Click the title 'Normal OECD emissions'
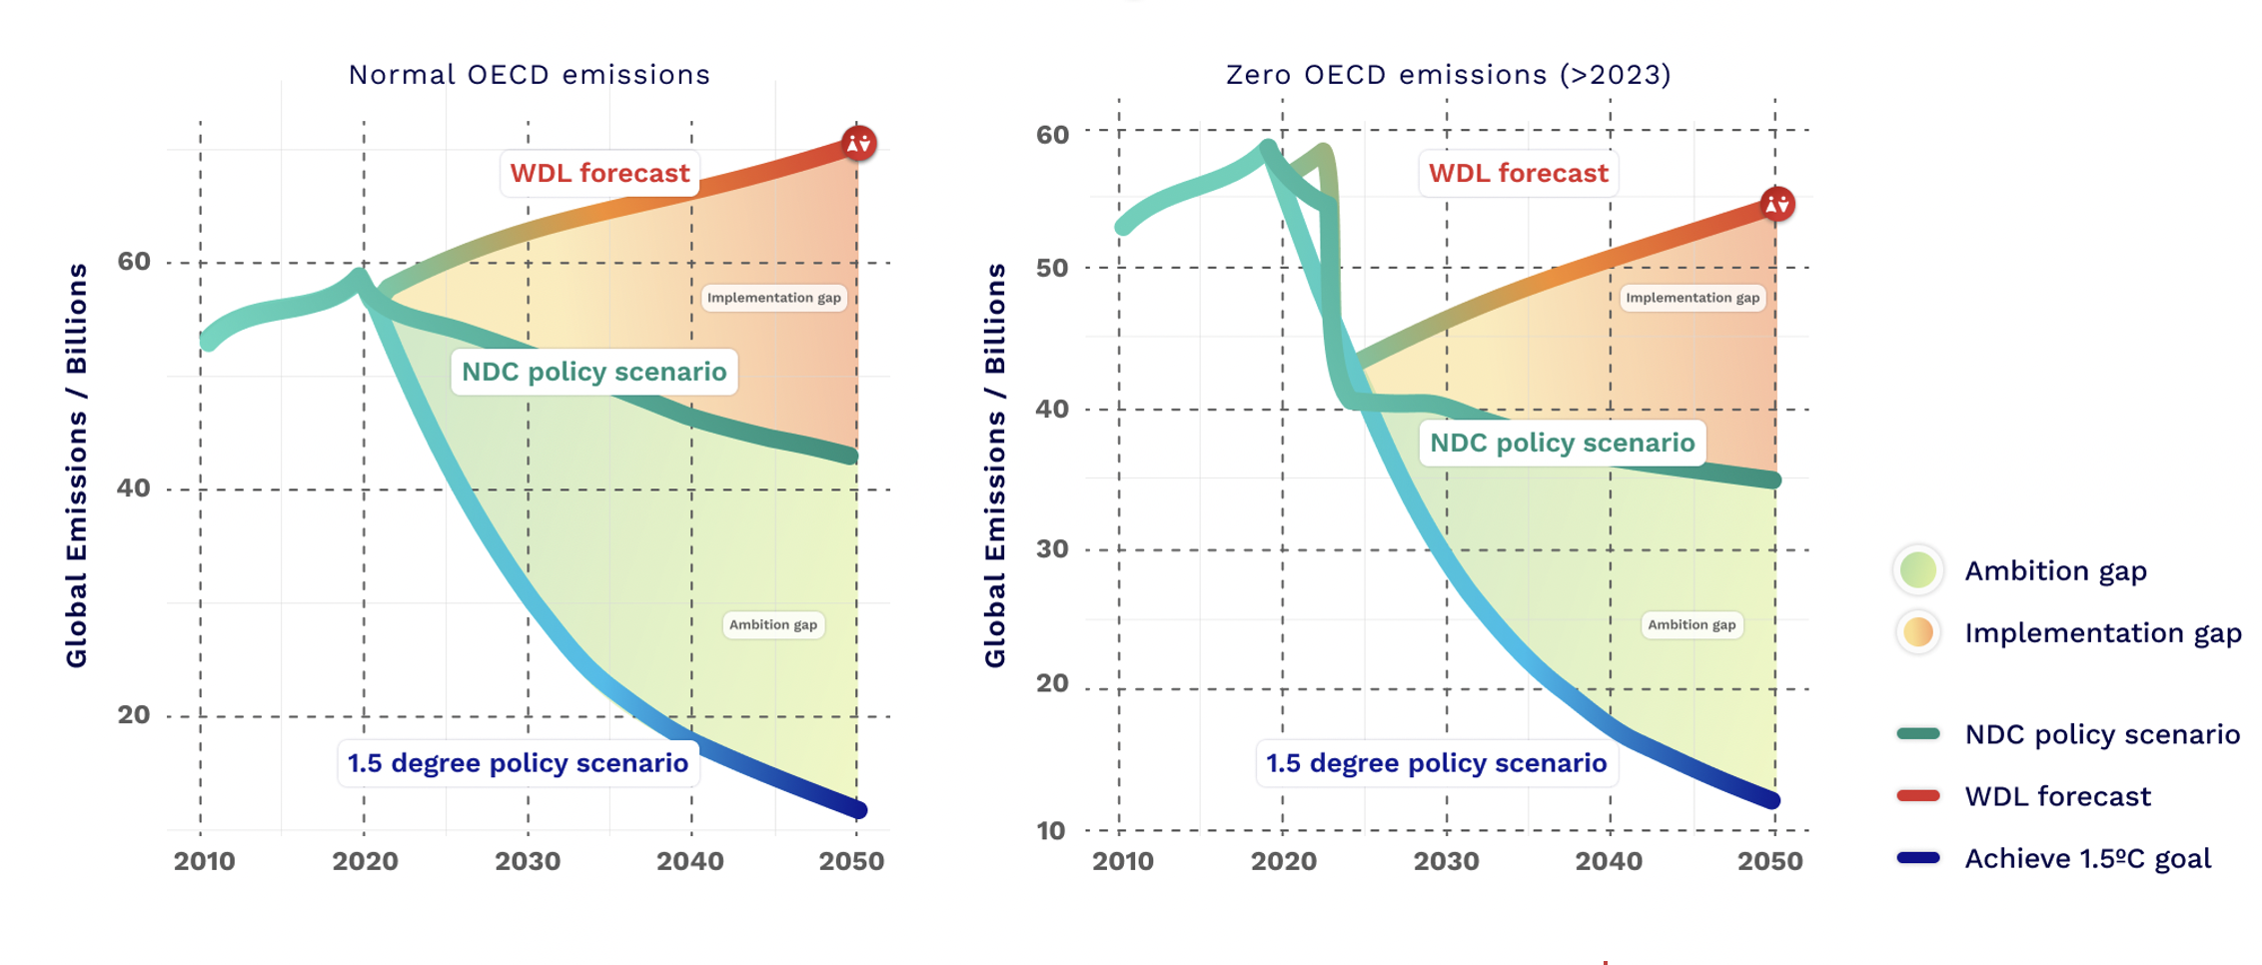[529, 75]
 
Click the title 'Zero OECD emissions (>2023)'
[1448, 75]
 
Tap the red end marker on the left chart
[858, 144]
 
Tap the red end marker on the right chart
[1776, 205]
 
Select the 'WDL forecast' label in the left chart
[599, 174]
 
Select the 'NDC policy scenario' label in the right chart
[1562, 444]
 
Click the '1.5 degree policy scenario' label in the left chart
[518, 764]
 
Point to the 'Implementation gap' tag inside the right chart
[1693, 298]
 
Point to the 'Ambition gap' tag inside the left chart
[773, 625]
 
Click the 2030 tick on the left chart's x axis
[528, 861]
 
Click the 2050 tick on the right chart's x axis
[1769, 861]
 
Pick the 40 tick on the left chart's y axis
[134, 488]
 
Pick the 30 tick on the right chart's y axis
[1052, 549]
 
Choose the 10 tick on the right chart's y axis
[1051, 831]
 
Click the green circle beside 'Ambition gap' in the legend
[1918, 570]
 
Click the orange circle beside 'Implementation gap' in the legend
[1918, 632]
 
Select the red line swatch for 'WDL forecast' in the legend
[1918, 796]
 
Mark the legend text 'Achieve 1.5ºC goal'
[2087, 859]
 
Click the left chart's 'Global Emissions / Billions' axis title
[77, 466]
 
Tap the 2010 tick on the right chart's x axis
[1122, 861]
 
